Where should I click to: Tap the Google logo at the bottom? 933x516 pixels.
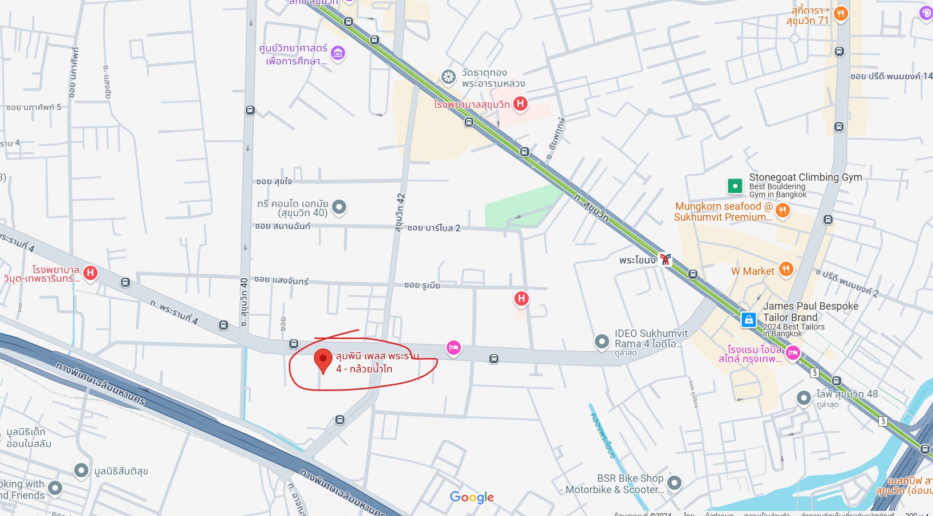472,497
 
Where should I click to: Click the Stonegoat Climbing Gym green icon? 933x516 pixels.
735,186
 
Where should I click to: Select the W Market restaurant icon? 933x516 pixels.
786,270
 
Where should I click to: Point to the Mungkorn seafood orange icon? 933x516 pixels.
782,211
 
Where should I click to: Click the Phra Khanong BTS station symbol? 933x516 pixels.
665,259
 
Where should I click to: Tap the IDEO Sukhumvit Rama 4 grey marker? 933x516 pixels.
602,342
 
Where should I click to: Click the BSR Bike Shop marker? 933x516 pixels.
674,483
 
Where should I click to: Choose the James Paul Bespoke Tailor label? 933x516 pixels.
810,311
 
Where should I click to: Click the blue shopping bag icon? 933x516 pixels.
748,320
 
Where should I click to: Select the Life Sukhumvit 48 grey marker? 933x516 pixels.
804,398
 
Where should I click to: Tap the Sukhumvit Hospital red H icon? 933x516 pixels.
520,104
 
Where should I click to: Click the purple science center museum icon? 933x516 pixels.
338,54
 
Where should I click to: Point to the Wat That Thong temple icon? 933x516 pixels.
449,77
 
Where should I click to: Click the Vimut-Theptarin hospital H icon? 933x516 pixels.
90,273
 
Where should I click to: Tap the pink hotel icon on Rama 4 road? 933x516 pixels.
453,347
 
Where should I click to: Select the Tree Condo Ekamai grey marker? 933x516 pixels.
339,206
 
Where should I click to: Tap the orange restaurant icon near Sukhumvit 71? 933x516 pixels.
840,14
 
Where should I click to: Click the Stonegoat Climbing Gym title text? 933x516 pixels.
805,177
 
